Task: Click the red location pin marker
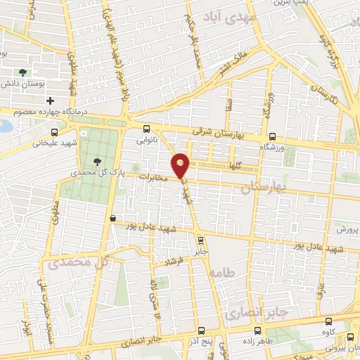pyautogui.click(x=181, y=165)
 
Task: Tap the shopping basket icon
pyautogui.click(x=113, y=219)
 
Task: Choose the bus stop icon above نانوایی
pyautogui.click(x=146, y=129)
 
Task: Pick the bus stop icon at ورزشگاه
pyautogui.click(x=271, y=137)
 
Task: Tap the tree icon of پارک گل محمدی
pyautogui.click(x=96, y=162)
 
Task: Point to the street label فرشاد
pyautogui.click(x=173, y=262)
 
